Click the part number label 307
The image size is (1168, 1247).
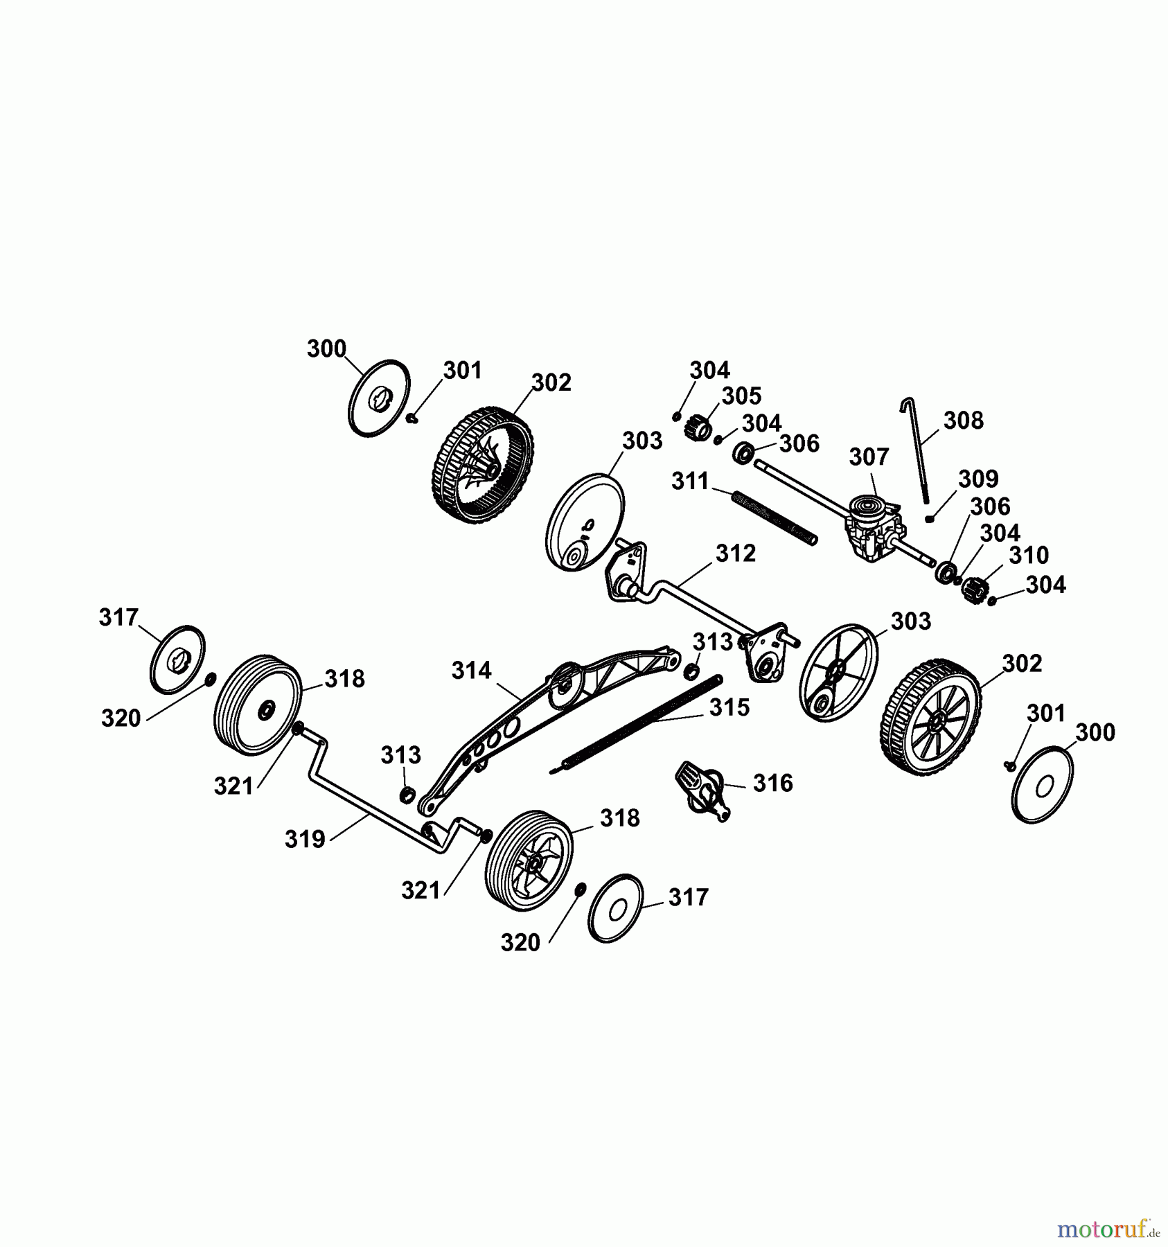pos(869,457)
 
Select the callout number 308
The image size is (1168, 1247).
pos(963,421)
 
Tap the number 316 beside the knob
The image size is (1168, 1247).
pos(772,783)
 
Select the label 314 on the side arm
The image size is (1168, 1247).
pos(471,671)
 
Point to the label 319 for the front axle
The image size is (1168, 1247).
pos(305,839)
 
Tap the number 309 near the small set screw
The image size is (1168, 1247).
pos(978,479)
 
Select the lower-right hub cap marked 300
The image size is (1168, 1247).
pos(1043,784)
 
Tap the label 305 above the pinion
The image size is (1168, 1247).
pos(741,396)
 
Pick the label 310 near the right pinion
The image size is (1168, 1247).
pos(1028,555)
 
